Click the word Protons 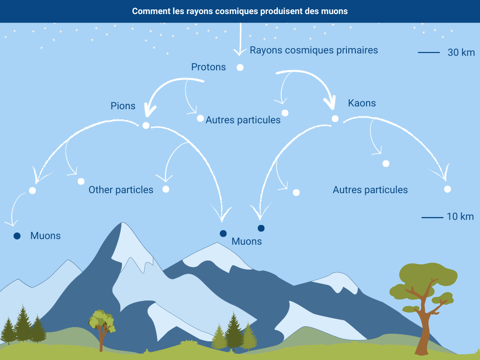pyautogui.click(x=208, y=67)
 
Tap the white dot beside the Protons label pyautogui.click(x=240, y=67)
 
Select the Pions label pyautogui.click(x=123, y=106)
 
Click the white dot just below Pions pyautogui.click(x=146, y=126)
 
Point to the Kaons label pyautogui.click(x=362, y=103)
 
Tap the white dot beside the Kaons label pyautogui.click(x=335, y=119)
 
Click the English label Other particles pyautogui.click(x=121, y=190)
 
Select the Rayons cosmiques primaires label pyautogui.click(x=314, y=50)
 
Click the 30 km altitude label pyautogui.click(x=461, y=52)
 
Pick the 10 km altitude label pyautogui.click(x=460, y=217)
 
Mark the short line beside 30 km pyautogui.click(x=429, y=52)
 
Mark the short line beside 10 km pyautogui.click(x=432, y=217)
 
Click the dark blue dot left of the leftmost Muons pyautogui.click(x=17, y=236)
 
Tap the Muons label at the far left pyautogui.click(x=45, y=236)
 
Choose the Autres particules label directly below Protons pyautogui.click(x=243, y=120)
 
